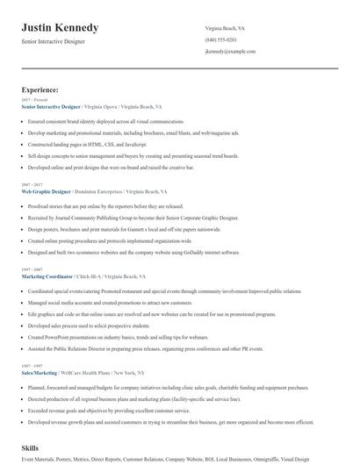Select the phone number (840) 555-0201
click(220, 39)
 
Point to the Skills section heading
click(32, 448)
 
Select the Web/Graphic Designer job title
click(49, 190)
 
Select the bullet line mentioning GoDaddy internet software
click(133, 252)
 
